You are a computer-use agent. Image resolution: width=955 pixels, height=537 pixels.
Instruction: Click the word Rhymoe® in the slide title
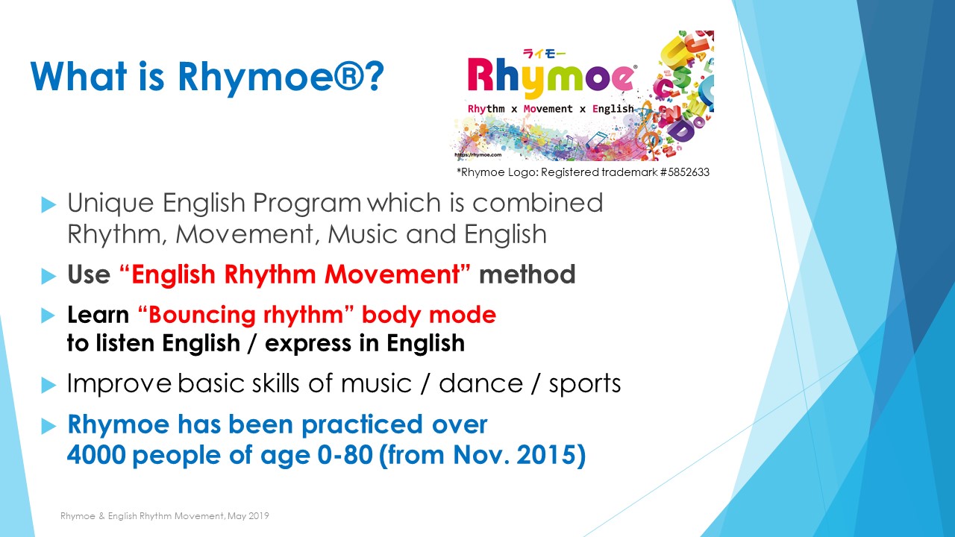click(271, 77)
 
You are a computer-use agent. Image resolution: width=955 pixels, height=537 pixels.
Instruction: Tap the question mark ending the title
click(375, 76)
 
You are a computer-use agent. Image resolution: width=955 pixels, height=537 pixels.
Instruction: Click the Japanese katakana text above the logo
click(545, 54)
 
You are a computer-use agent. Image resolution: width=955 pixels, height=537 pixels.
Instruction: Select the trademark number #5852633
click(685, 172)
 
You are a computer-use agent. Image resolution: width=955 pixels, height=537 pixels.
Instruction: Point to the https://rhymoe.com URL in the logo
click(478, 154)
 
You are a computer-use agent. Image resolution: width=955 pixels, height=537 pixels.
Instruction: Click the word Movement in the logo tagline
click(548, 109)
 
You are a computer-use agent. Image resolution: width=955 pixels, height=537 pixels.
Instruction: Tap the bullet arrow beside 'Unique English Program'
click(48, 204)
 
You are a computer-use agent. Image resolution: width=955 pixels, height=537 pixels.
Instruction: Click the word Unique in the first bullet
click(110, 204)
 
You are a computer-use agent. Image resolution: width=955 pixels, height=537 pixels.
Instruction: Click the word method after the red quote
click(527, 274)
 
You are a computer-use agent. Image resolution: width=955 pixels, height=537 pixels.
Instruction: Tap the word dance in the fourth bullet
click(480, 383)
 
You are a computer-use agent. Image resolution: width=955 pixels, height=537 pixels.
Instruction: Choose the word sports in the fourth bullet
click(584, 385)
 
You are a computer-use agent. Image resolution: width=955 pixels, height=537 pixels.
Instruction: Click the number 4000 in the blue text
click(96, 455)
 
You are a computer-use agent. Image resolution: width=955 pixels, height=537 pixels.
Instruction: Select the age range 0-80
click(345, 455)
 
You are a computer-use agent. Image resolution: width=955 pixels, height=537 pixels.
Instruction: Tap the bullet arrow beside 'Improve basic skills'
click(48, 386)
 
